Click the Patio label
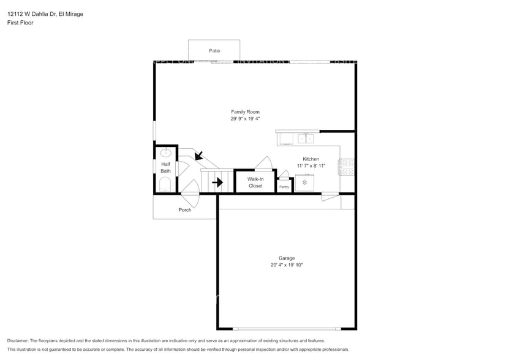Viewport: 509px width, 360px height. point(214,51)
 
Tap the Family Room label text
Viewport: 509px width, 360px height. point(245,112)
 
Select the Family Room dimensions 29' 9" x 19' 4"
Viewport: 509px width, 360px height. point(245,119)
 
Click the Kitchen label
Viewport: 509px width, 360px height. point(311,159)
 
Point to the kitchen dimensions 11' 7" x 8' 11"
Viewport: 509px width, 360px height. point(311,165)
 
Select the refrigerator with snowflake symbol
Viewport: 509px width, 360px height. point(304,182)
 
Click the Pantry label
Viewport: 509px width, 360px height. point(284,187)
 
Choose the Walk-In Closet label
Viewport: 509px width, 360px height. point(255,182)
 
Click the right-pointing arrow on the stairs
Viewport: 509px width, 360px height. point(217,182)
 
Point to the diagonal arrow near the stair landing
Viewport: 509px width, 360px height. point(198,156)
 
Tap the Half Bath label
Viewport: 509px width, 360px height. point(165,168)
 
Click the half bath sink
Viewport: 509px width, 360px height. point(166,153)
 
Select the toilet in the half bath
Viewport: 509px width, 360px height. point(165,184)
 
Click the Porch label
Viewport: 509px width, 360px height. point(185,210)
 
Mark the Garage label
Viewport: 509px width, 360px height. point(287,258)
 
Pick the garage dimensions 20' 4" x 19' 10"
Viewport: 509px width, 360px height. point(287,265)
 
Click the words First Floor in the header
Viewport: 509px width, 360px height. point(20,23)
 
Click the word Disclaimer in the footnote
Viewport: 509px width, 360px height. point(18,340)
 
